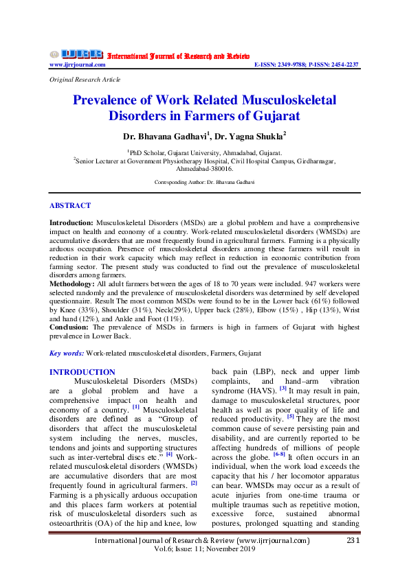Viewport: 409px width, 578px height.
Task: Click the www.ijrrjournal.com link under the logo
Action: click(77, 65)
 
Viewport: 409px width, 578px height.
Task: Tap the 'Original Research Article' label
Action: click(76, 80)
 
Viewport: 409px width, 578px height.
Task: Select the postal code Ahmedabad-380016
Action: click(204, 168)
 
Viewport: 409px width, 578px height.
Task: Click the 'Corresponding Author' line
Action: click(204, 182)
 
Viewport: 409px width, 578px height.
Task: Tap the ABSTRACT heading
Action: click(69, 205)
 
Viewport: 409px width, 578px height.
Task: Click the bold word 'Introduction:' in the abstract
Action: click(71, 224)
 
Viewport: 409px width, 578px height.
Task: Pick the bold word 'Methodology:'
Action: click(72, 282)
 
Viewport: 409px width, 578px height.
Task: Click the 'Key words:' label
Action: click(66, 352)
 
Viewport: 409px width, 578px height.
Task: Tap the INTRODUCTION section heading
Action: click(82, 372)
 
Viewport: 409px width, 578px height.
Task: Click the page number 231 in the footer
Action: click(352, 560)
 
